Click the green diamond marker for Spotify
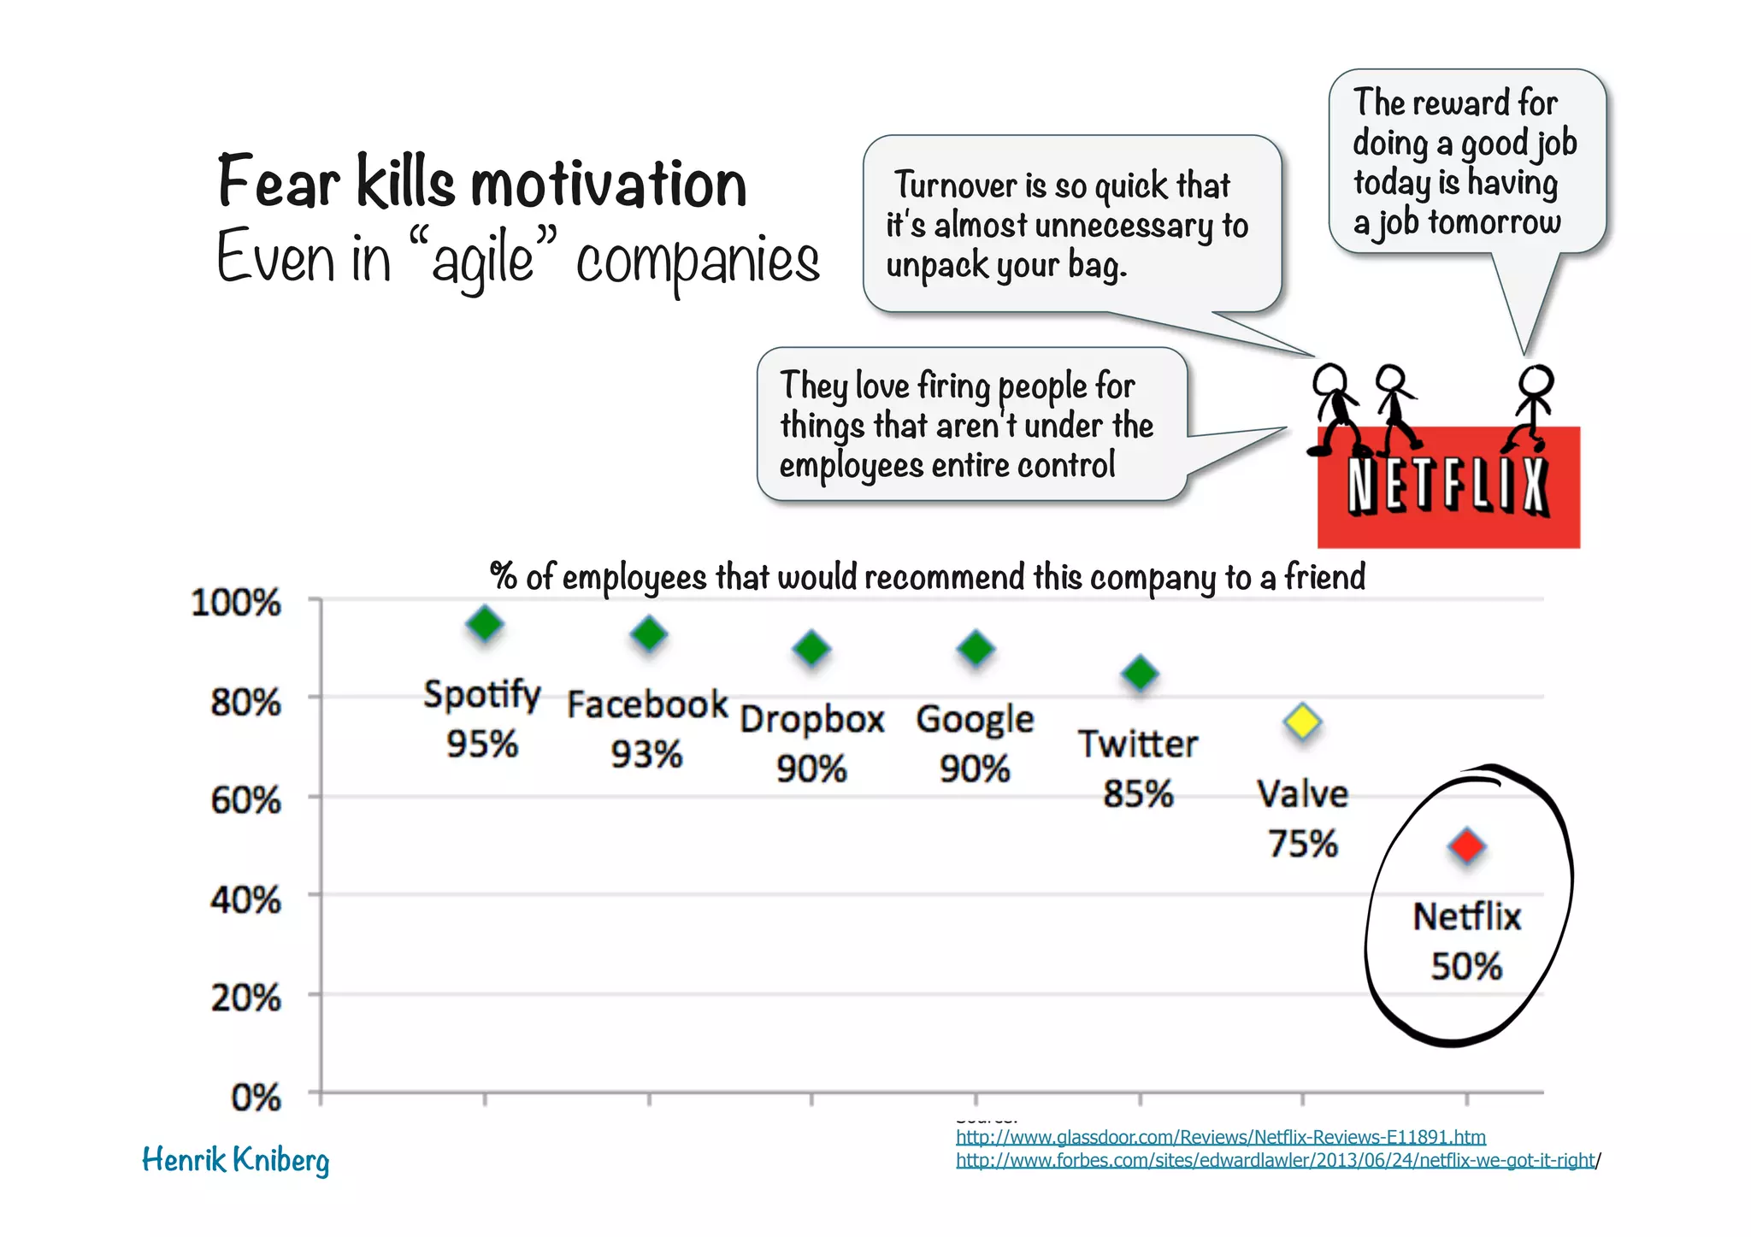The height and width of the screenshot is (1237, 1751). coord(485,624)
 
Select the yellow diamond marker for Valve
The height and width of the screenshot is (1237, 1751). coord(1302,723)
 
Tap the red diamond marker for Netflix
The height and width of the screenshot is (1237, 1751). coord(1467,846)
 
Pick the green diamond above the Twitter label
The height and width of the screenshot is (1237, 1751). coord(1140,674)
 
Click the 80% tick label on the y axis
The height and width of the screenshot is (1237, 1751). coord(245,703)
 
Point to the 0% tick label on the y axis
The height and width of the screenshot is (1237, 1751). coord(256,1097)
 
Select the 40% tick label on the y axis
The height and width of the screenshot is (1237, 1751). coord(245,900)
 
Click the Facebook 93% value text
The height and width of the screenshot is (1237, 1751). coord(646,754)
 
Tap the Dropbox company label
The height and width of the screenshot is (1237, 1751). coord(811,719)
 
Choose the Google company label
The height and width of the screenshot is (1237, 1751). coord(975,719)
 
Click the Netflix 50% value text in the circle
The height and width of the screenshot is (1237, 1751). coord(1466,967)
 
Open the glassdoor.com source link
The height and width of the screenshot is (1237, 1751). coord(1220,1137)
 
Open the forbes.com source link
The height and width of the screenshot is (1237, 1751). coord(1275,1160)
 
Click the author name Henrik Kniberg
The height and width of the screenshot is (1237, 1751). coord(235,1160)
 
